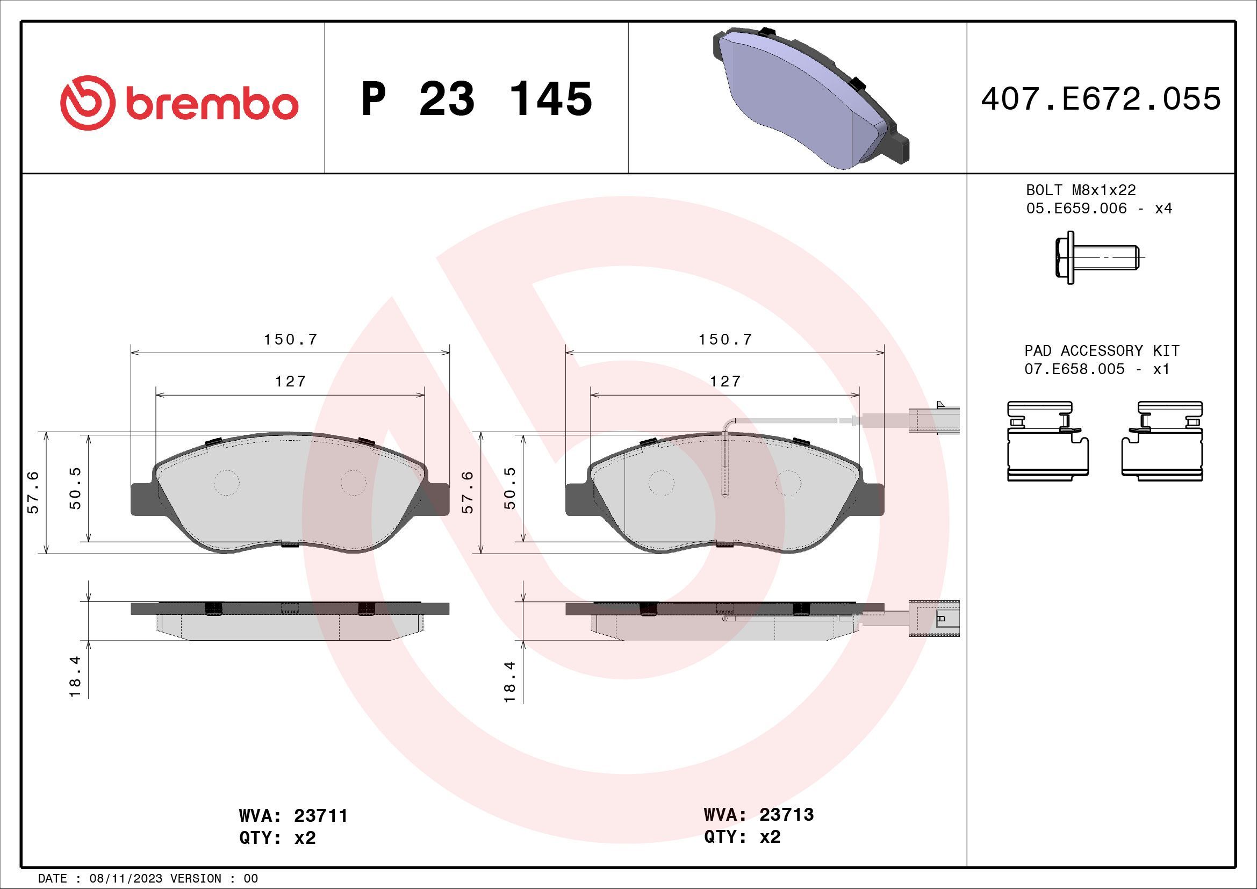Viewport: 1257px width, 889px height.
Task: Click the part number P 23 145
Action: pyautogui.click(x=477, y=99)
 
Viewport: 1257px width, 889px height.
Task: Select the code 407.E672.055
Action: pyautogui.click(x=1101, y=99)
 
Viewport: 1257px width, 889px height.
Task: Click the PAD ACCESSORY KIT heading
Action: pyautogui.click(x=1102, y=350)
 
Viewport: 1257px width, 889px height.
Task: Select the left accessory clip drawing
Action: pyautogui.click(x=1047, y=441)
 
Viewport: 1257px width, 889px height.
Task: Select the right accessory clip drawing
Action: pyautogui.click(x=1162, y=441)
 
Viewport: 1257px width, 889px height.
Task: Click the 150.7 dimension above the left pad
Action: pyautogui.click(x=291, y=339)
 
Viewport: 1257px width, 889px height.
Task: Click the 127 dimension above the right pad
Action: pyautogui.click(x=726, y=381)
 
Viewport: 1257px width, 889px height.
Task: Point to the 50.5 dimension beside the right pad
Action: pyautogui.click(x=509, y=487)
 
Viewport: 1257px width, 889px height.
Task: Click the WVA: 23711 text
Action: pyautogui.click(x=293, y=816)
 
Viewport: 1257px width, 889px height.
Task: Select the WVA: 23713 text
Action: pyautogui.click(x=758, y=814)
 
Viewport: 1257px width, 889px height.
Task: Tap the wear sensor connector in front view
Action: pyautogui.click(x=933, y=420)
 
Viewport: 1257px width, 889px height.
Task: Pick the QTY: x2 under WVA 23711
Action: pyautogui.click(x=277, y=838)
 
